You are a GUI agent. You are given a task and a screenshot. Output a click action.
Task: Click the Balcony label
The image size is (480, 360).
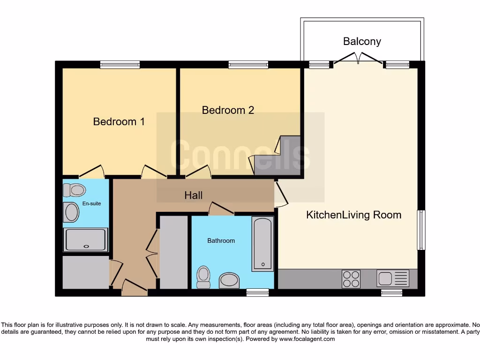[x=362, y=41]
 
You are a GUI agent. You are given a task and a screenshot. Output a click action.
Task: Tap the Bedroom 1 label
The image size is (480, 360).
[x=119, y=122]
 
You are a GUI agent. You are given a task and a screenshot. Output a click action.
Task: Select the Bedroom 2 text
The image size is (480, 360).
[x=228, y=110]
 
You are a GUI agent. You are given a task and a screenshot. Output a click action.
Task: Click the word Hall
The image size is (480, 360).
[x=193, y=195]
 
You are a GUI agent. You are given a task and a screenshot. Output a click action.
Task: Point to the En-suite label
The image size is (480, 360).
[x=91, y=203]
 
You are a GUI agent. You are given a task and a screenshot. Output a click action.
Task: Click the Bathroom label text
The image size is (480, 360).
[x=221, y=240]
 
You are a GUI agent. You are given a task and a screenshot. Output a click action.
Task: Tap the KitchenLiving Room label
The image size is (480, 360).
[x=353, y=215]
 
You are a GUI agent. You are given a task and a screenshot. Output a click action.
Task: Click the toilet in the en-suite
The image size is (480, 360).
[x=74, y=190]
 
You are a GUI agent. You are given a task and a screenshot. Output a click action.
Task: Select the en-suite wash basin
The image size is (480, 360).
[x=72, y=212]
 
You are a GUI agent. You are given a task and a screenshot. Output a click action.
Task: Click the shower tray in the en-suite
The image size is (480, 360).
[x=86, y=240]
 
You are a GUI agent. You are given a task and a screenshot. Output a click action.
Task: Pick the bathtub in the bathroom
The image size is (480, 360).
[x=262, y=244]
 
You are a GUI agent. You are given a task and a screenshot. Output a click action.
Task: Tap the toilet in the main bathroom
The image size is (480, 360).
[x=203, y=277]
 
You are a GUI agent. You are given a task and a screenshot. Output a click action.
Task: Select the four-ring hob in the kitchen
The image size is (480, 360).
[x=351, y=279]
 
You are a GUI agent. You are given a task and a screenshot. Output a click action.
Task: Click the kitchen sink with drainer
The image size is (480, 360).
[x=393, y=278]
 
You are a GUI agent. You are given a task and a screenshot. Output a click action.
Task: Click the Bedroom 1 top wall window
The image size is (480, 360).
[x=120, y=65]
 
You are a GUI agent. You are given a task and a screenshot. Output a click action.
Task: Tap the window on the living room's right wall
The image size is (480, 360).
[x=421, y=230]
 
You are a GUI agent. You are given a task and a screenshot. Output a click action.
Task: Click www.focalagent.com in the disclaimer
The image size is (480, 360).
[x=307, y=338]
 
